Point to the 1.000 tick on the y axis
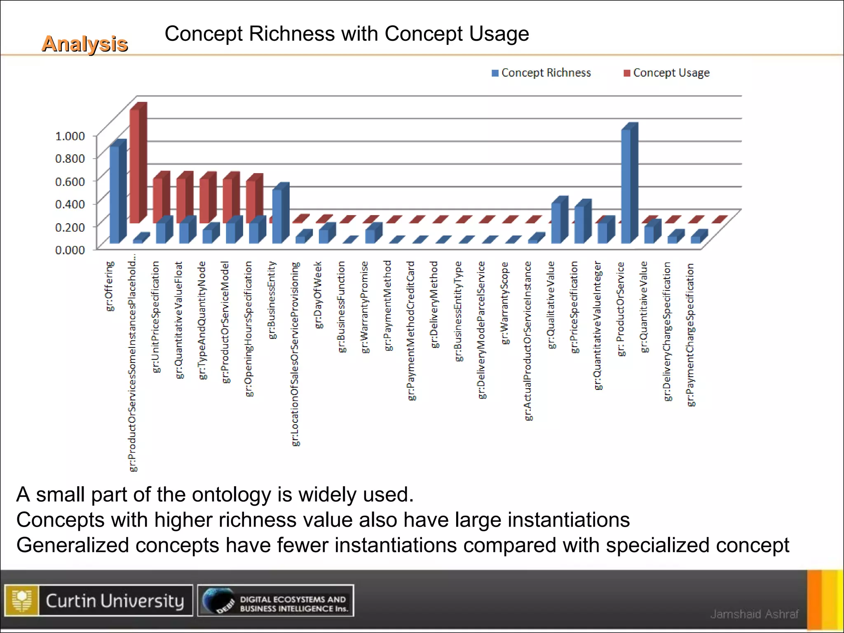pyautogui.click(x=70, y=136)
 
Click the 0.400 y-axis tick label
pyautogui.click(x=70, y=204)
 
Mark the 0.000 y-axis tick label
pyautogui.click(x=70, y=250)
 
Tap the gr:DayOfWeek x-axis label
pyautogui.click(x=318, y=295)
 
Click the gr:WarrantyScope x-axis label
pyautogui.click(x=505, y=303)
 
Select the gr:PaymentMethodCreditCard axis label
pyautogui.click(x=411, y=330)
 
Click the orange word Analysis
pyautogui.click(x=84, y=44)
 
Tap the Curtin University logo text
pyautogui.click(x=115, y=601)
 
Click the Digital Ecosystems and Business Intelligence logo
pyautogui.click(x=275, y=601)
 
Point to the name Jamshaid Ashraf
pyautogui.click(x=754, y=614)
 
